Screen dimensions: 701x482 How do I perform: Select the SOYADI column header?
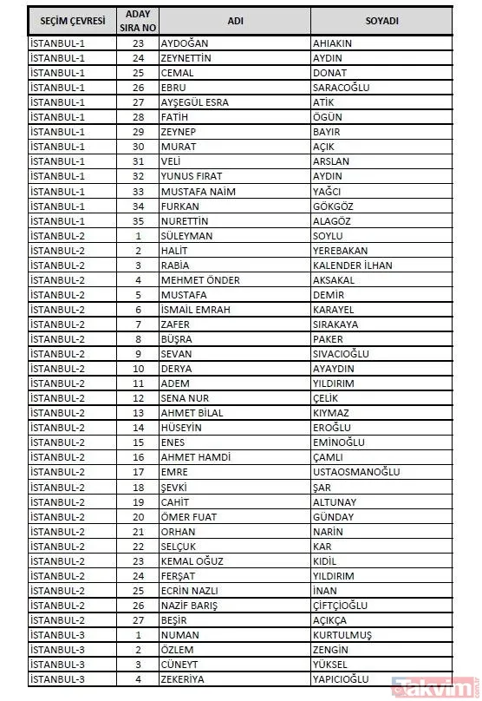coord(381,21)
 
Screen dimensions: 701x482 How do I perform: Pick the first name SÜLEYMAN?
coord(186,235)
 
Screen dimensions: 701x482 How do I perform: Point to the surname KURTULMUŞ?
coord(342,634)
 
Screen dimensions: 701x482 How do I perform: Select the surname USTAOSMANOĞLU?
coord(356,471)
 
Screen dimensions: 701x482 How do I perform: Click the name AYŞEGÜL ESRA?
coord(193,102)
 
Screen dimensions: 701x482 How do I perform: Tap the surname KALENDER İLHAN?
coord(352,265)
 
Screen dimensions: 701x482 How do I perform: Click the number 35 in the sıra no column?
coord(138,220)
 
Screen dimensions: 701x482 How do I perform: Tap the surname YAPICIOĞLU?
coord(347,678)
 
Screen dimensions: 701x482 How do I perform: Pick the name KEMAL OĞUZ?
coord(192,560)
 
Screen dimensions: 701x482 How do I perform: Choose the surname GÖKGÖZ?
coord(333,206)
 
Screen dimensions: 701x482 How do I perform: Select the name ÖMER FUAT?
coord(188,516)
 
